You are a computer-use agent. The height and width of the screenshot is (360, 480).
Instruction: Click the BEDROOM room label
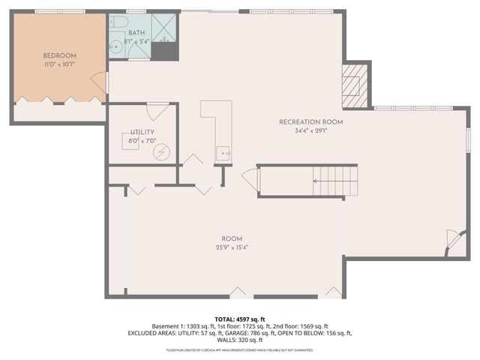(x=59, y=56)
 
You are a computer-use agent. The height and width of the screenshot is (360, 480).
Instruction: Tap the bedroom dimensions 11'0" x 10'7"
(x=59, y=65)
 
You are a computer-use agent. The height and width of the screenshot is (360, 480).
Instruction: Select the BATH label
(x=136, y=33)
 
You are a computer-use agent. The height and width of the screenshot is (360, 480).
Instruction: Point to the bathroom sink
(x=115, y=47)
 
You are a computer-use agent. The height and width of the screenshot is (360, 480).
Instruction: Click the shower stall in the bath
(x=166, y=29)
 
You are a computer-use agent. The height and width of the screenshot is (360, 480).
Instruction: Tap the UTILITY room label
(x=142, y=132)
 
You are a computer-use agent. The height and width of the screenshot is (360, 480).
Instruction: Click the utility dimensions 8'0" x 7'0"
(x=142, y=141)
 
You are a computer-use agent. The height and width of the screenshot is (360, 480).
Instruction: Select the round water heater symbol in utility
(x=161, y=151)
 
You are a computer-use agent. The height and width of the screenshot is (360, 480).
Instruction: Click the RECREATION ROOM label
(x=310, y=122)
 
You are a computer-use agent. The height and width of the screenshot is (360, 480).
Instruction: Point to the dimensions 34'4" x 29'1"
(x=310, y=131)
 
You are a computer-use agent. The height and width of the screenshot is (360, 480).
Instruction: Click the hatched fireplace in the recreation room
(x=352, y=83)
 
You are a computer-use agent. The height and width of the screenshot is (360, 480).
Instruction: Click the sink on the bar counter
(x=223, y=154)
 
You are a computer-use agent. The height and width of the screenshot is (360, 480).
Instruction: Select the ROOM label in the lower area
(x=232, y=239)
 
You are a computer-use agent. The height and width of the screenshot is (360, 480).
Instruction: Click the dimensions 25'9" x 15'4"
(x=232, y=248)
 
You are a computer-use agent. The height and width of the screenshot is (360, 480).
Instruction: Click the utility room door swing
(x=157, y=111)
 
